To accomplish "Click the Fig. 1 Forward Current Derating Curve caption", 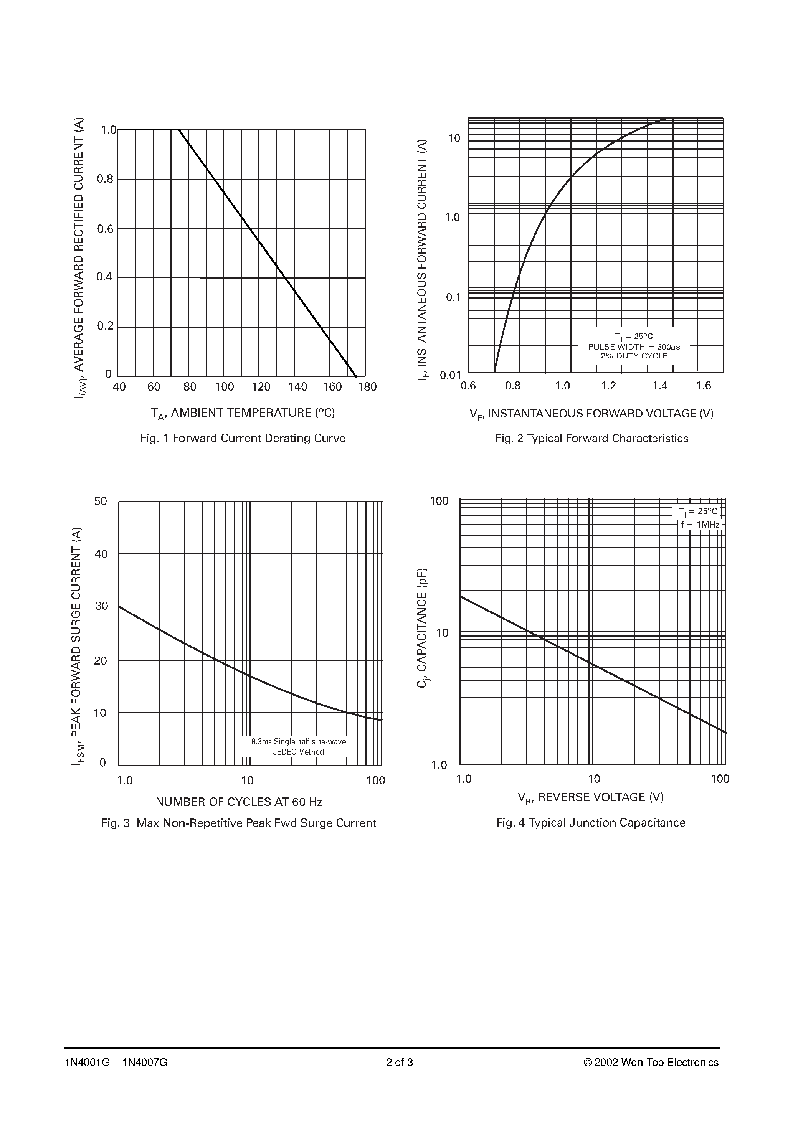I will (x=243, y=438).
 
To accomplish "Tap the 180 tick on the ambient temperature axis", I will (x=367, y=387).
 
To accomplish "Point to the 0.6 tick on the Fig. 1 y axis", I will (x=105, y=229).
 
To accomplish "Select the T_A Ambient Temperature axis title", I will (x=243, y=413).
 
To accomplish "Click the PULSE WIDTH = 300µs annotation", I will (x=634, y=347).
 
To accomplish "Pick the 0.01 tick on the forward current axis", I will (x=450, y=375).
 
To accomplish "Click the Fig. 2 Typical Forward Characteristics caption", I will (x=591, y=438).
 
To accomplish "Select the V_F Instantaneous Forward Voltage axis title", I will (x=591, y=414).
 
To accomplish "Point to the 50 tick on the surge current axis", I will (x=101, y=502).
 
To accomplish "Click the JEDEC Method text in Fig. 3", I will (x=298, y=752).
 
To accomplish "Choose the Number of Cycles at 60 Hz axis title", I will (x=239, y=802).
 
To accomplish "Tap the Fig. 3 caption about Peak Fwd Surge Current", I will (x=239, y=823).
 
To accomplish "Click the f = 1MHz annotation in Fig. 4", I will (x=700, y=524).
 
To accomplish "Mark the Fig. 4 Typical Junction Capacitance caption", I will (x=591, y=823).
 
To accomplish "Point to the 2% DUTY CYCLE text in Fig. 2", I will (x=634, y=356).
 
